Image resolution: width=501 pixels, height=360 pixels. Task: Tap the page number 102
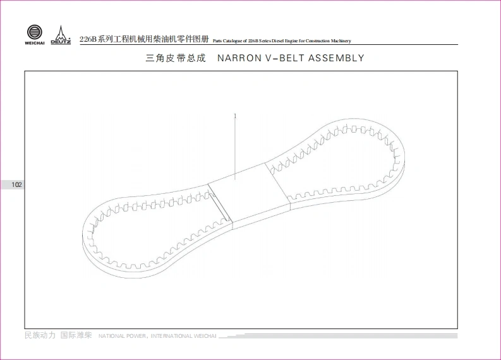(x=16, y=185)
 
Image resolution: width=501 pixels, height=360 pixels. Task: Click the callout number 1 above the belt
(x=235, y=116)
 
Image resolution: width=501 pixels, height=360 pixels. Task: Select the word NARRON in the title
(x=238, y=58)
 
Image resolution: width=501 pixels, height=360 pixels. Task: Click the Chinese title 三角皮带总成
(x=176, y=58)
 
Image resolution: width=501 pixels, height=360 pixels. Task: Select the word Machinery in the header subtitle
(x=339, y=41)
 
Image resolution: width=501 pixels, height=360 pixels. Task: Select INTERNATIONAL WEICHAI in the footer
(x=184, y=336)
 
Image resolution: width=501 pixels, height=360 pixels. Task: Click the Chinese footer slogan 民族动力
(x=40, y=335)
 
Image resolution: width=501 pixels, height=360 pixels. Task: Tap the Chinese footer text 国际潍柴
(x=76, y=335)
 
